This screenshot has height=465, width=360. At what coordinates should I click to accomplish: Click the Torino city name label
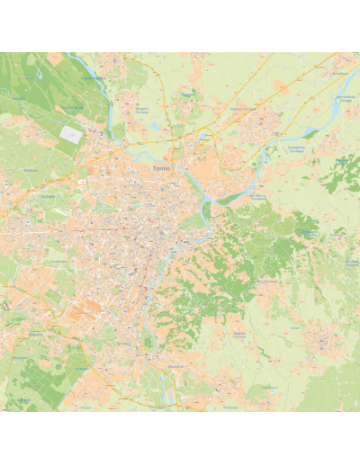162,167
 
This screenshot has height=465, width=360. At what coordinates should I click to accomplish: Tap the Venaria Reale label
73,109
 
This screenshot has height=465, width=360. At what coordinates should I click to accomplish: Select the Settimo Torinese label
242,111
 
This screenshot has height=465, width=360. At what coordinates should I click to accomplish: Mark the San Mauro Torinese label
235,194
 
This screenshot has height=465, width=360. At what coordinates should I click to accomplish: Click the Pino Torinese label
267,281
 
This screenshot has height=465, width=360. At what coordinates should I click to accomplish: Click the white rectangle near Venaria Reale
70,131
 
